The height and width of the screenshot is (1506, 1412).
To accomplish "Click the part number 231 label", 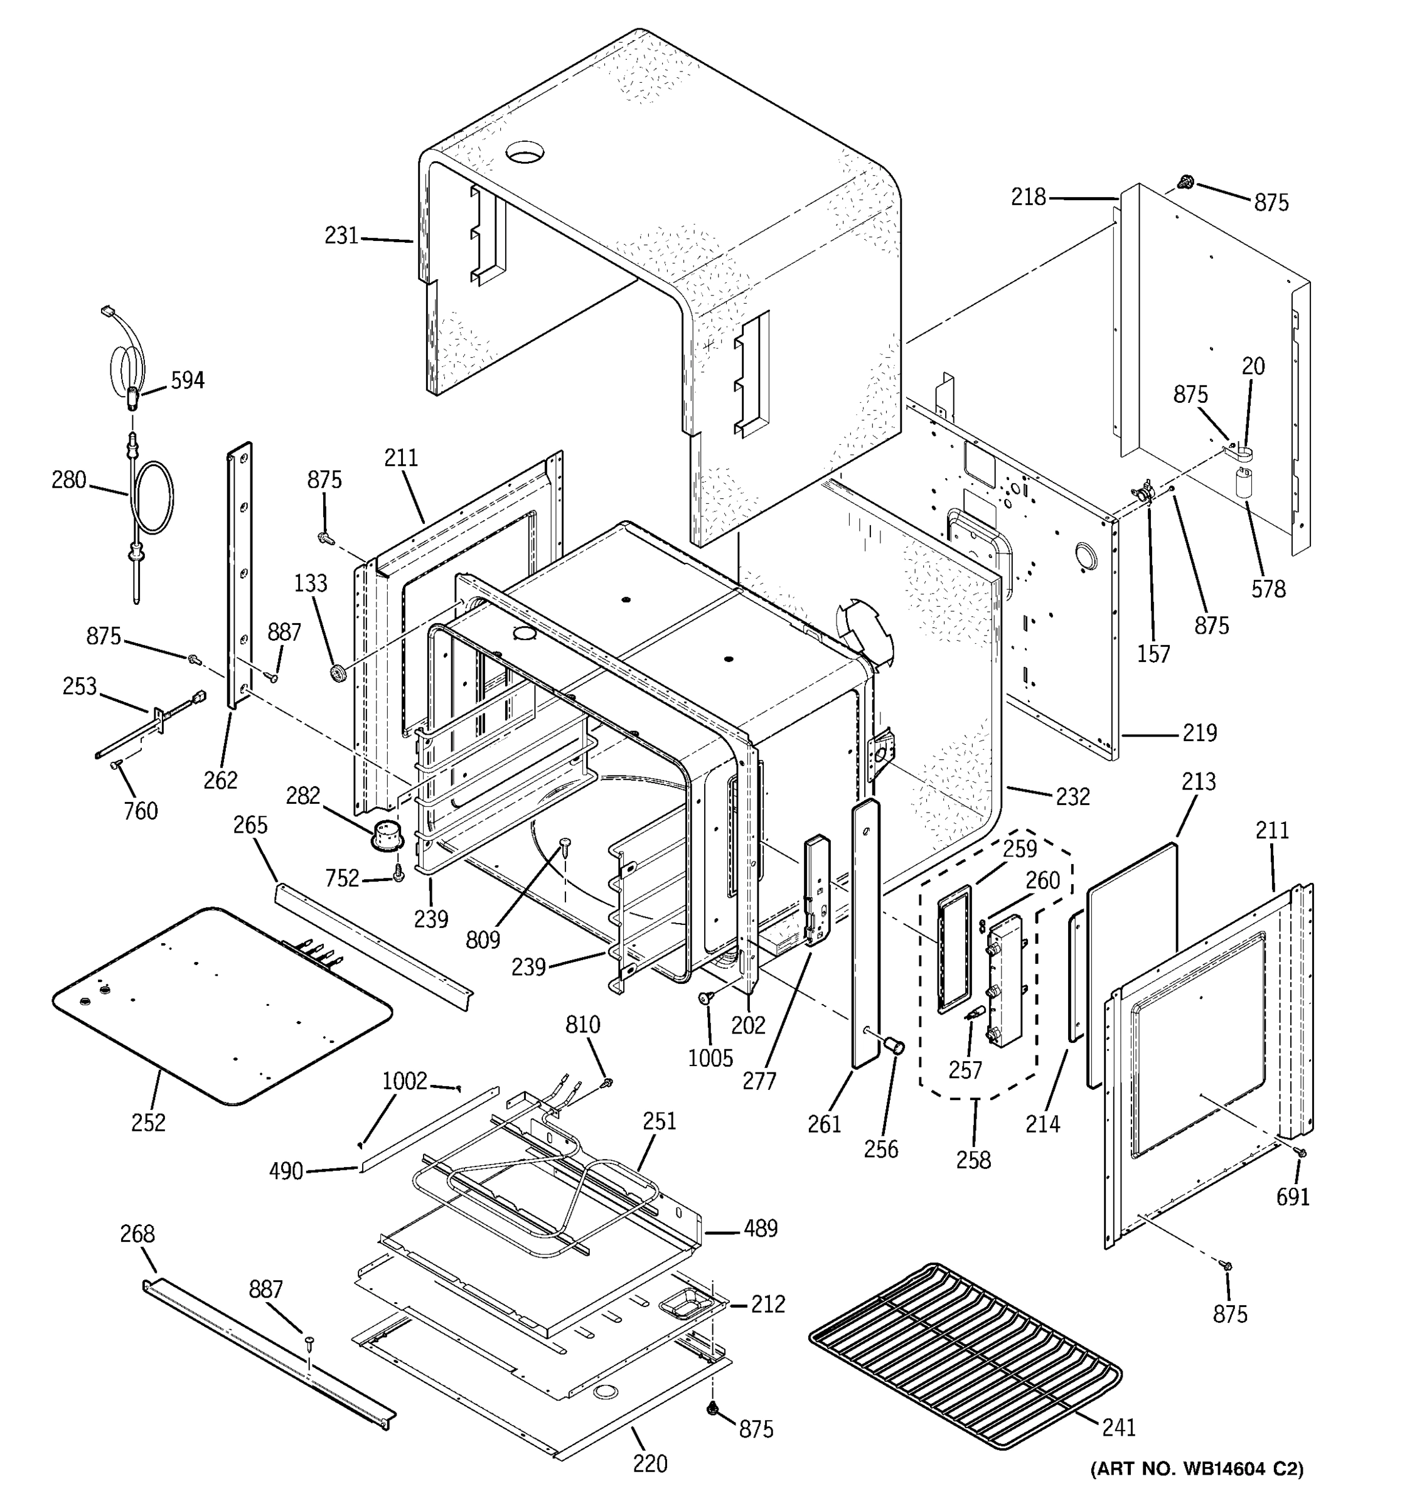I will pyautogui.click(x=341, y=237).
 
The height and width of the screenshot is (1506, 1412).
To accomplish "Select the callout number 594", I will pyautogui.click(x=187, y=380).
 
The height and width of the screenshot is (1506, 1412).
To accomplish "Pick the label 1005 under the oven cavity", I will pyautogui.click(x=710, y=1057).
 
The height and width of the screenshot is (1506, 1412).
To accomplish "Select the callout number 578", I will pyautogui.click(x=1268, y=589).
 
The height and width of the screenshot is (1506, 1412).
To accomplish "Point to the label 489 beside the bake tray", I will pyautogui.click(x=760, y=1229).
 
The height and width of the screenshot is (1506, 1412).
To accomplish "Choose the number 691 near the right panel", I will pyautogui.click(x=1292, y=1197).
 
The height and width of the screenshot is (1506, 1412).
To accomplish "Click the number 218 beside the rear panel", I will pyautogui.click(x=1028, y=197).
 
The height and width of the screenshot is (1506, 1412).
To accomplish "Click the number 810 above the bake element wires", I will pyautogui.click(x=582, y=1025).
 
